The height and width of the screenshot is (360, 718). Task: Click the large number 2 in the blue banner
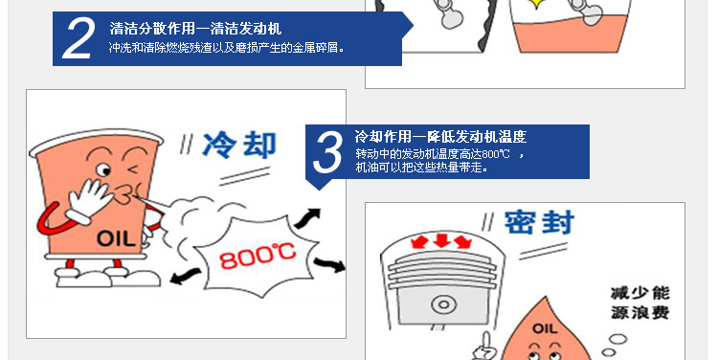78,39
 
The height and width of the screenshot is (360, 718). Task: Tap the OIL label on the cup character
110,238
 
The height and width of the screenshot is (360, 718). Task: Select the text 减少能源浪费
635,303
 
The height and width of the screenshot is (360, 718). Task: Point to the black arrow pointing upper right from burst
308,212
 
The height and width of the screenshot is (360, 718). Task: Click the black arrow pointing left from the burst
180,278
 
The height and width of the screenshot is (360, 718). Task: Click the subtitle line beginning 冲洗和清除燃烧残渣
227,46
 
